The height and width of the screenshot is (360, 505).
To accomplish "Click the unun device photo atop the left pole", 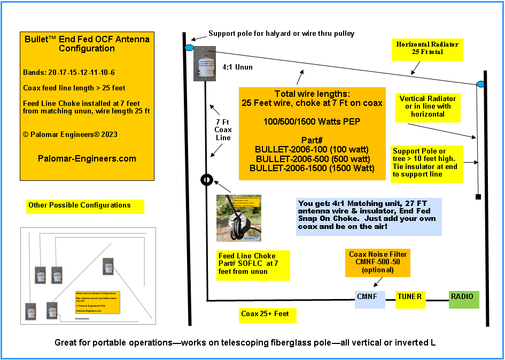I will point(204,63).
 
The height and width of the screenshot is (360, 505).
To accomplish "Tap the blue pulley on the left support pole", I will point(189,48).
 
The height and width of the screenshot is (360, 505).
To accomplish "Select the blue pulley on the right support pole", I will point(480,84).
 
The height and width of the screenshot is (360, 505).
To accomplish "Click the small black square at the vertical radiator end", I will point(478,197).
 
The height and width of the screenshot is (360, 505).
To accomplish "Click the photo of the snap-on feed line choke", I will point(238,218).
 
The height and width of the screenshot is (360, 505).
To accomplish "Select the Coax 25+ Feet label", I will point(266,314).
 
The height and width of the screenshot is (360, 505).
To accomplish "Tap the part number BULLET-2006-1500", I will point(312,168).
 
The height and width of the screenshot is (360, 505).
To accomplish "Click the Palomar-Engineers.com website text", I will point(87,158).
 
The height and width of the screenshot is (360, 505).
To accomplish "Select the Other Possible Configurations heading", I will point(80,205).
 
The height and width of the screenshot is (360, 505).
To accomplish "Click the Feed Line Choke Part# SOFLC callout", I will point(253,264).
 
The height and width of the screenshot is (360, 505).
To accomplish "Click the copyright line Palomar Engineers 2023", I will point(70,134).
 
